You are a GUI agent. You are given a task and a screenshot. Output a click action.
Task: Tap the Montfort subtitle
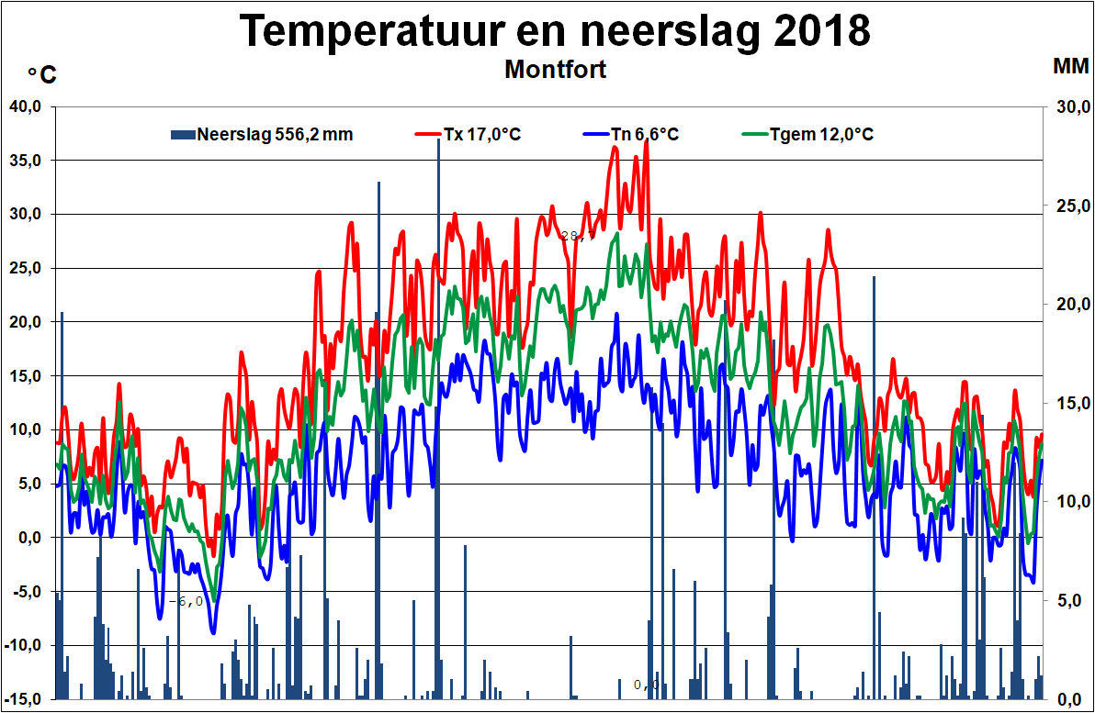(556, 70)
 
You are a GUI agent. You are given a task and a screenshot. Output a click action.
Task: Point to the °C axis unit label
(41, 75)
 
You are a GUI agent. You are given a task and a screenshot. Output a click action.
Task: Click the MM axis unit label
(1070, 66)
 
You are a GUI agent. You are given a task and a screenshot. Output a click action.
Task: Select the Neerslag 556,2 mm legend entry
(274, 135)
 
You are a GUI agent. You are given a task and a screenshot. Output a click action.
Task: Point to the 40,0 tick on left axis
(27, 106)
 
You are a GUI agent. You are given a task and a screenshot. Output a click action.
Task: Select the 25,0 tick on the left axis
(27, 268)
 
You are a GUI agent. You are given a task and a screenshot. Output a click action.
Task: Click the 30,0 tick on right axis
(1069, 106)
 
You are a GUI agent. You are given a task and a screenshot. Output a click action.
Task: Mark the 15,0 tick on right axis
(1069, 403)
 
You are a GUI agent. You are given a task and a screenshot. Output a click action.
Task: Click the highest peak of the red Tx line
(648, 141)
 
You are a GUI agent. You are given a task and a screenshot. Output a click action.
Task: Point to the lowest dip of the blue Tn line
(213, 632)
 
